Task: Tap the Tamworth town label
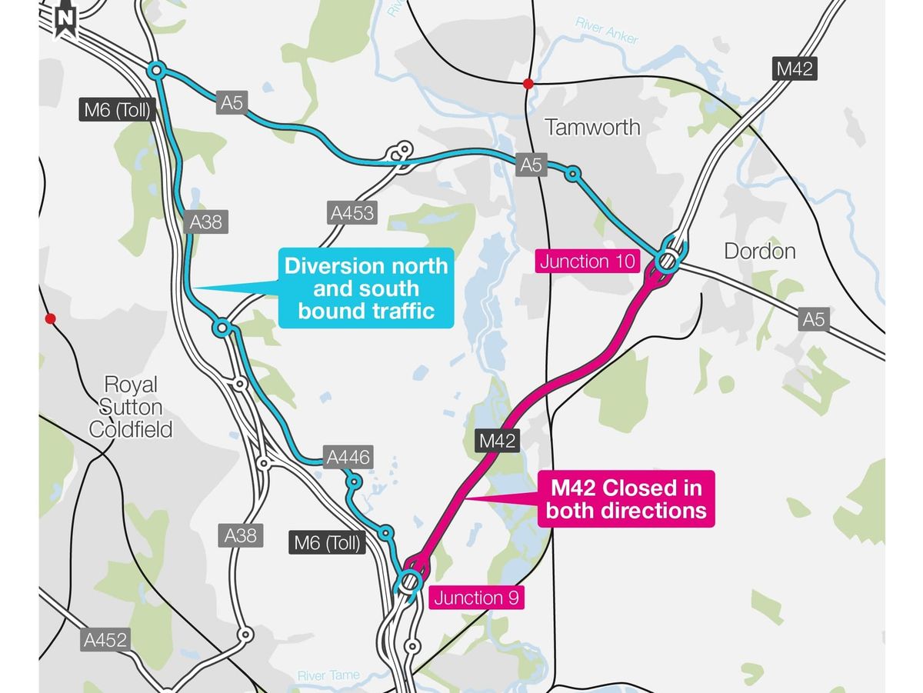point(592,127)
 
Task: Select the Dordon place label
point(760,252)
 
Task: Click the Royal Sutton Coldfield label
point(130,406)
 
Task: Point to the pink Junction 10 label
point(588,261)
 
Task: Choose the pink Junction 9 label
point(475,598)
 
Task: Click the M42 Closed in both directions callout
point(626,498)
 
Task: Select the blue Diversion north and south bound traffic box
point(366,288)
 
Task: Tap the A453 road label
point(352,213)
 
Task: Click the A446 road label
point(348,458)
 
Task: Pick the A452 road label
point(106,638)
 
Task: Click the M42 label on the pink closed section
point(497,441)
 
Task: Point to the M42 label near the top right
point(794,68)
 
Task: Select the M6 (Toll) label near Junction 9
point(327,543)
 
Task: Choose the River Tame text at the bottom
point(328,676)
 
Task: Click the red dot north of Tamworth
point(528,83)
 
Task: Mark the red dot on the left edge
point(51,318)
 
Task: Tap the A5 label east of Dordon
point(813,319)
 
